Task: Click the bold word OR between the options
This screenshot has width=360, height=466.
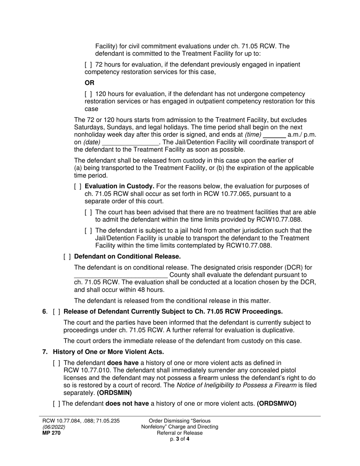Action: (89, 83)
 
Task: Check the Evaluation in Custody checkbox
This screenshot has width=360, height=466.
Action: (78, 186)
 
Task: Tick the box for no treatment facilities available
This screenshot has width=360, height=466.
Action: (88, 213)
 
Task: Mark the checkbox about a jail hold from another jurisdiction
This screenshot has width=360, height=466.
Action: (88, 231)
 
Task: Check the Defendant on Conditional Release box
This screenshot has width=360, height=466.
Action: (67, 256)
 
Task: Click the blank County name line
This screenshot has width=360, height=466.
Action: (121, 275)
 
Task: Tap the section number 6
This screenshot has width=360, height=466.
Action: (44, 312)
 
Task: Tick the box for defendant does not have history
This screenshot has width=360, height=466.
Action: (56, 404)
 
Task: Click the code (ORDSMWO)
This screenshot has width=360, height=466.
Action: (277, 404)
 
